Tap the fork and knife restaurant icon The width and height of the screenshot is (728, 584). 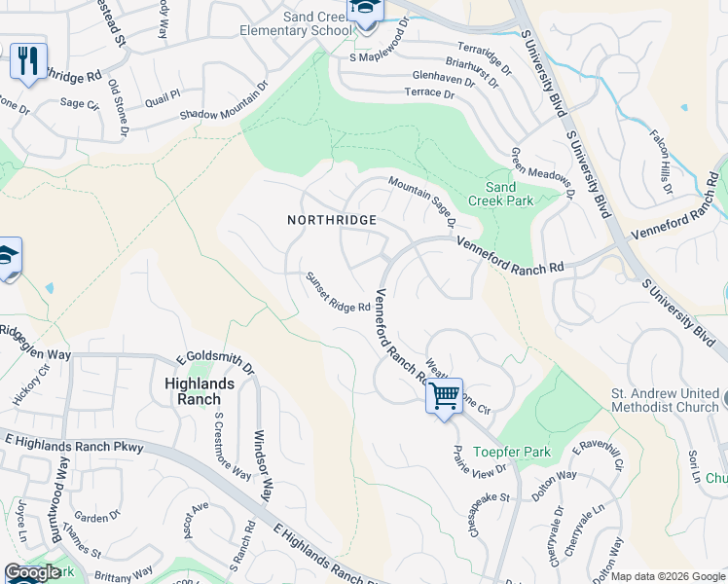[x=28, y=62]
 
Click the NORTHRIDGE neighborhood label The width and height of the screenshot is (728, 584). [x=332, y=220]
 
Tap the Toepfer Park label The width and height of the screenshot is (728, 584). [x=512, y=452]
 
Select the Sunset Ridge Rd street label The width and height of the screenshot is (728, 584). [x=338, y=293]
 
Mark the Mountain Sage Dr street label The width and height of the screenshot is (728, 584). [x=422, y=201]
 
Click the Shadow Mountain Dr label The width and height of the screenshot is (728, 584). [x=224, y=101]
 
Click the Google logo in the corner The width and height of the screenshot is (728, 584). [x=32, y=572]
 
